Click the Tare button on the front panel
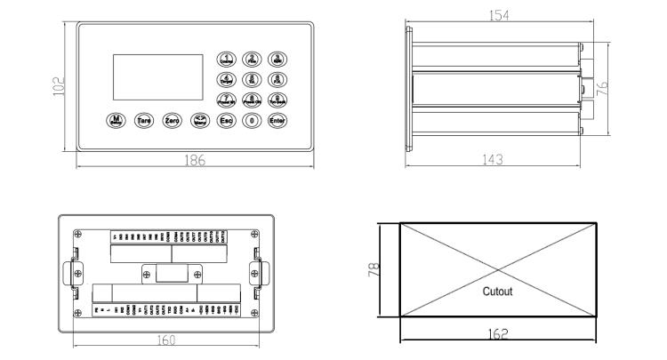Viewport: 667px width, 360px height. pos(143,119)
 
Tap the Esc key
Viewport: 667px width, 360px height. pos(227,119)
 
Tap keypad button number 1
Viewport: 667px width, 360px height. pos(227,60)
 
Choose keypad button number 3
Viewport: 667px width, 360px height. pos(277,60)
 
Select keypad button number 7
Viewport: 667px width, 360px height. pos(227,100)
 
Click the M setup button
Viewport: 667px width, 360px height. pos(116,119)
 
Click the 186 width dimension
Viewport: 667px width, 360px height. pos(195,160)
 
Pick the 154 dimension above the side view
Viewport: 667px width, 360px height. pos(508,16)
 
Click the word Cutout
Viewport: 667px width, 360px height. pos(497,290)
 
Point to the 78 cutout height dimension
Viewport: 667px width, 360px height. pos(375,268)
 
